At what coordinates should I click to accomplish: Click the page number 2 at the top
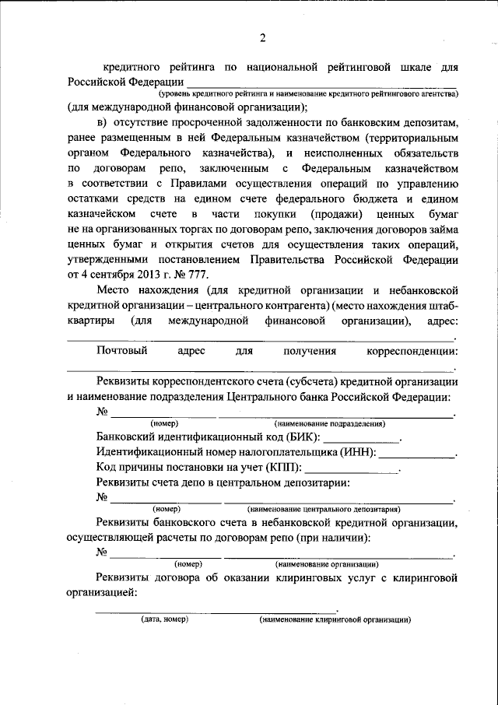[x=262, y=39]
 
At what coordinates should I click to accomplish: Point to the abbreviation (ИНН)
[x=356, y=452]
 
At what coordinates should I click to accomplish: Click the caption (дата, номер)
[x=164, y=620]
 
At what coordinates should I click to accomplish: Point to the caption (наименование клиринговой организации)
[x=335, y=620]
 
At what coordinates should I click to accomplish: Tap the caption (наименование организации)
[x=327, y=563]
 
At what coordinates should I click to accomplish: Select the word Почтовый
[x=123, y=351]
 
